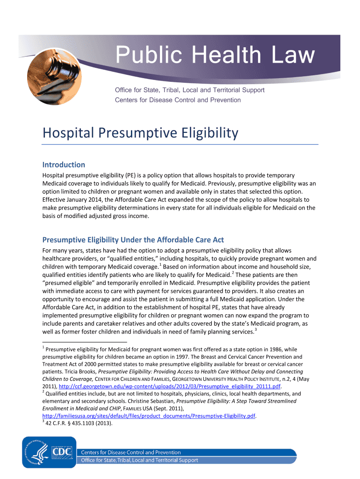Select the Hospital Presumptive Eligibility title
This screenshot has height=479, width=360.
[x=140, y=134]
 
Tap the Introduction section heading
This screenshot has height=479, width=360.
[x=64, y=165]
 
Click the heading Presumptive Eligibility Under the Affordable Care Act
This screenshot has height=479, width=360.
[x=133, y=240]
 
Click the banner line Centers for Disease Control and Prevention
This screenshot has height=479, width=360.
[x=178, y=100]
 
